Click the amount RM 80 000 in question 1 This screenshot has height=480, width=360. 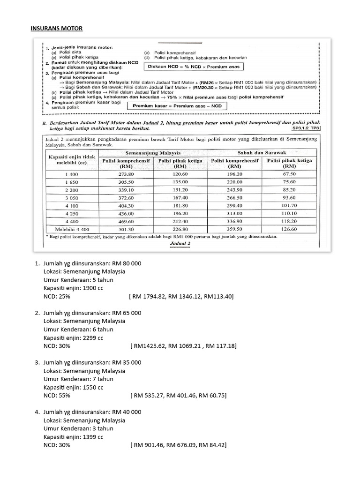tap(126, 263)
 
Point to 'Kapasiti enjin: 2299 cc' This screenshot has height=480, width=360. tap(73, 337)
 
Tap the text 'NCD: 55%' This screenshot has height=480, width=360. tap(57, 395)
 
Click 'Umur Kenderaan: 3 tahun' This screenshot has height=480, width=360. tap(78, 428)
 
